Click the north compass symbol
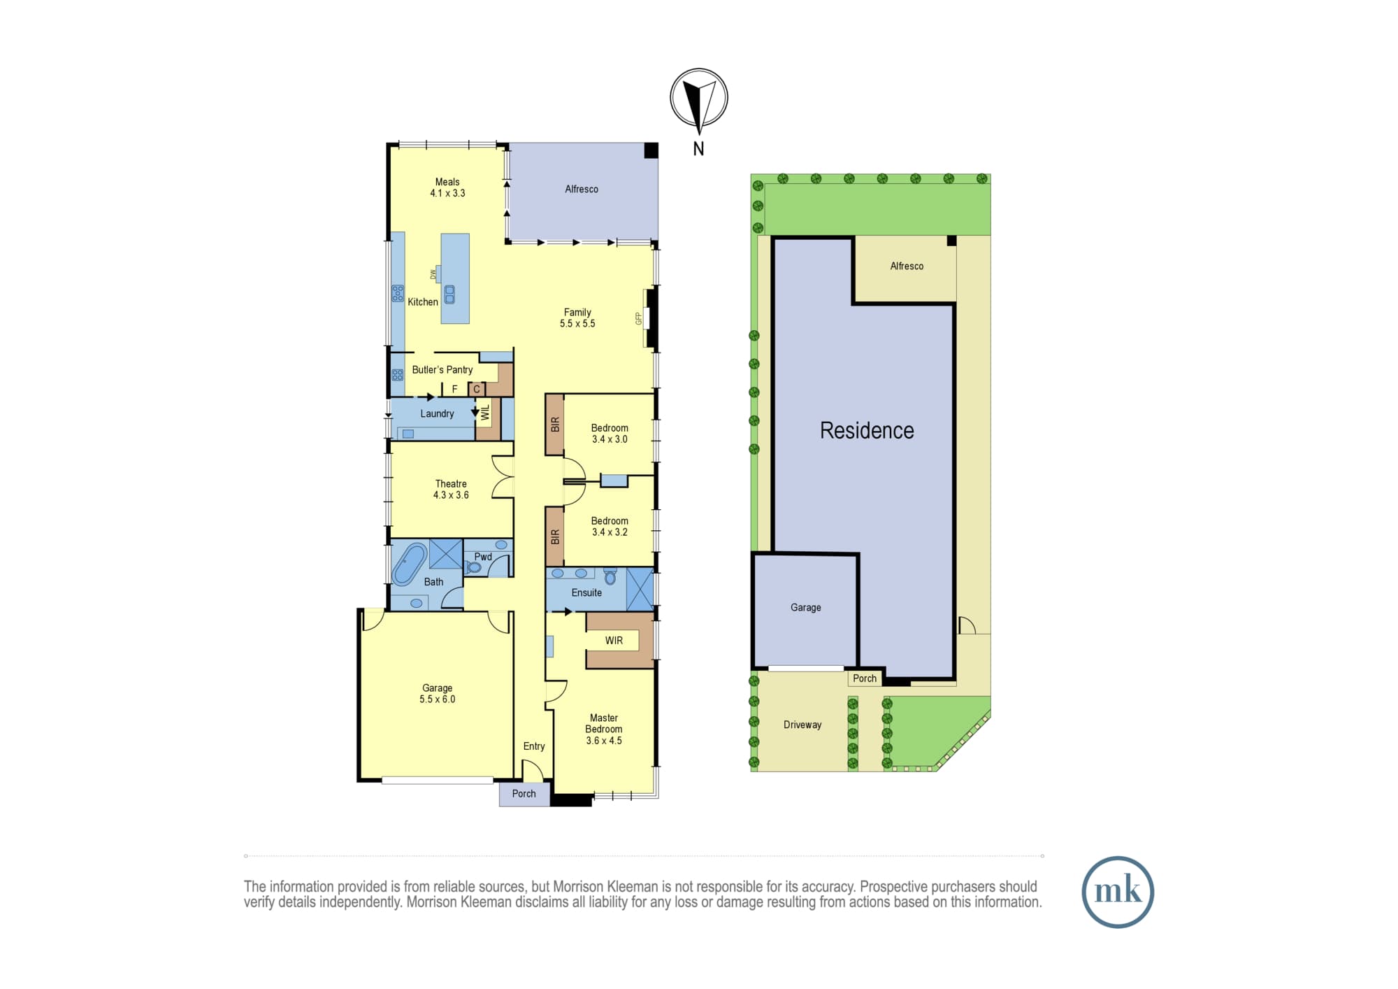[699, 98]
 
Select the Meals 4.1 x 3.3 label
[447, 187]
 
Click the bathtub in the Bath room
[410, 564]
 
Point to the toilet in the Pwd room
[473, 567]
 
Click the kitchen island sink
[449, 294]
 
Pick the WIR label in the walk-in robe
[614, 640]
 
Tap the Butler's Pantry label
[442, 369]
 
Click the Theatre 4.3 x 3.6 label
[451, 489]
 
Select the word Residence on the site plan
[867, 430]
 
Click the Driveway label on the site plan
[802, 725]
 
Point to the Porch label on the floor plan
[524, 793]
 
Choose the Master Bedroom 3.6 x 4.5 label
[604, 729]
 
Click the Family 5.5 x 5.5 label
[577, 318]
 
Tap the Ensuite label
[586, 592]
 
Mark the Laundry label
[437, 413]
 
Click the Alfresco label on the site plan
[907, 266]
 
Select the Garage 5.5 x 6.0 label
[437, 693]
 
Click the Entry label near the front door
[534, 746]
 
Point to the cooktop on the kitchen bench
[398, 293]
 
